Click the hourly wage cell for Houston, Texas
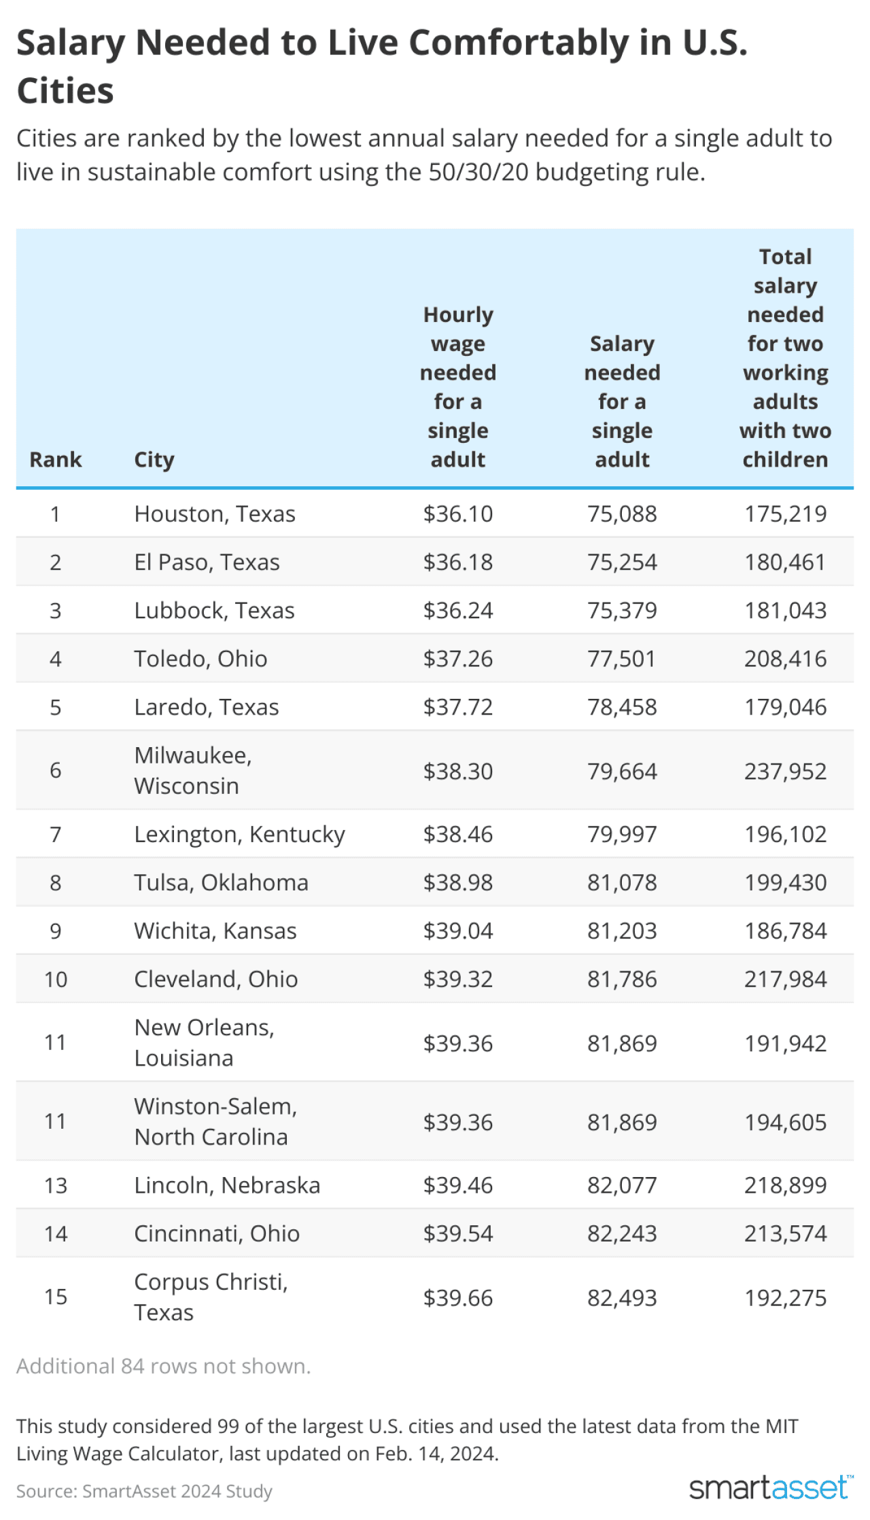pyautogui.click(x=457, y=513)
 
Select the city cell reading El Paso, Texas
pyautogui.click(x=207, y=562)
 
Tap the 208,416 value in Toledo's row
pyautogui.click(x=785, y=658)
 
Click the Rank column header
pyautogui.click(x=55, y=459)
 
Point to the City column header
pyautogui.click(x=154, y=459)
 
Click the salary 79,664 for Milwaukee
pyautogui.click(x=622, y=771)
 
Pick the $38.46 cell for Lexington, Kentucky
pyautogui.click(x=457, y=833)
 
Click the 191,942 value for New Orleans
pyautogui.click(x=785, y=1043)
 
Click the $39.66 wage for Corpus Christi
pyautogui.click(x=457, y=1297)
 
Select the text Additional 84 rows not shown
pyautogui.click(x=163, y=1365)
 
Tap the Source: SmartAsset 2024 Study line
pyautogui.click(x=144, y=1491)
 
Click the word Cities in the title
pyautogui.click(x=65, y=90)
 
